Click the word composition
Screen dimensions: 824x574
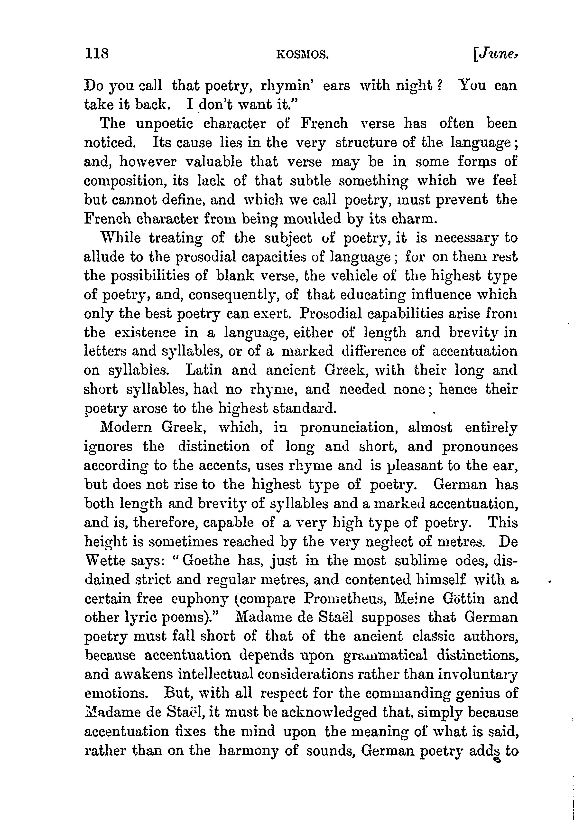(x=124, y=180)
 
